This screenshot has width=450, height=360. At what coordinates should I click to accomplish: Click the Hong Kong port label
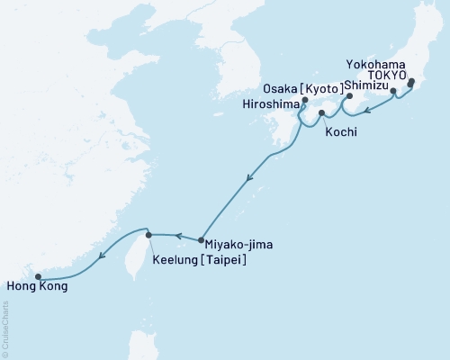[x=36, y=287]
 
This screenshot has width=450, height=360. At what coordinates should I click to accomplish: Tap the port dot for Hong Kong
[x=38, y=277]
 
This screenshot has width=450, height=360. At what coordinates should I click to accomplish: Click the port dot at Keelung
[x=149, y=235]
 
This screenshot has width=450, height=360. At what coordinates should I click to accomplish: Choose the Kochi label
[x=341, y=131]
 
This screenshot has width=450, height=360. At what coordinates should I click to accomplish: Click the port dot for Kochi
[x=321, y=112]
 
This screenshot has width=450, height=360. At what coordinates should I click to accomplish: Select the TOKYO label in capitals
[x=382, y=77]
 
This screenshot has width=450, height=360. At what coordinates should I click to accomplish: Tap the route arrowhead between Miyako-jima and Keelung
[x=178, y=237]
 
